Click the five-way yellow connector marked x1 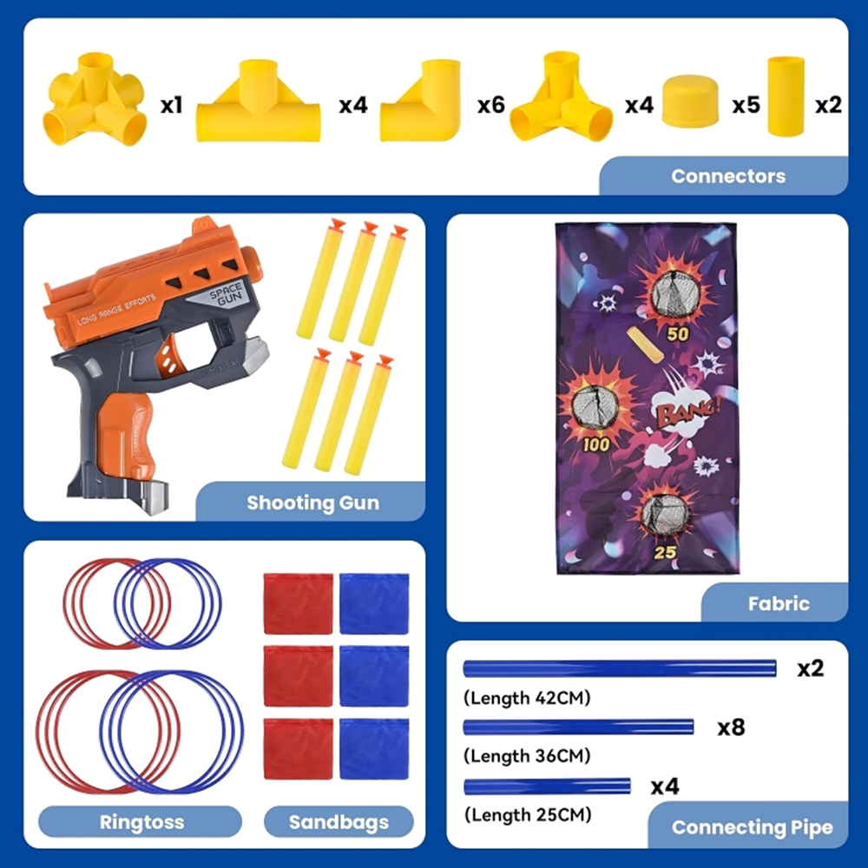coord(95,100)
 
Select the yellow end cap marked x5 coord(690,102)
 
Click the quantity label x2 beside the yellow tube coord(828,105)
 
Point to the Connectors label coord(728,176)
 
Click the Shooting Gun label coord(312,503)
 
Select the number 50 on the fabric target coord(678,334)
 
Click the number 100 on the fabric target coord(596,444)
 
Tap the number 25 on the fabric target coord(665,552)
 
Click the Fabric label coord(779,603)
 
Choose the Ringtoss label coord(141,822)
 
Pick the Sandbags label coord(339,822)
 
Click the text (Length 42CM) coord(527,698)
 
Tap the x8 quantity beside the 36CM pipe coord(731,727)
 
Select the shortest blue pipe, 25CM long coord(547,786)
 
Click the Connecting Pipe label coord(752,827)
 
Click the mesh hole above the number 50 coord(674,294)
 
